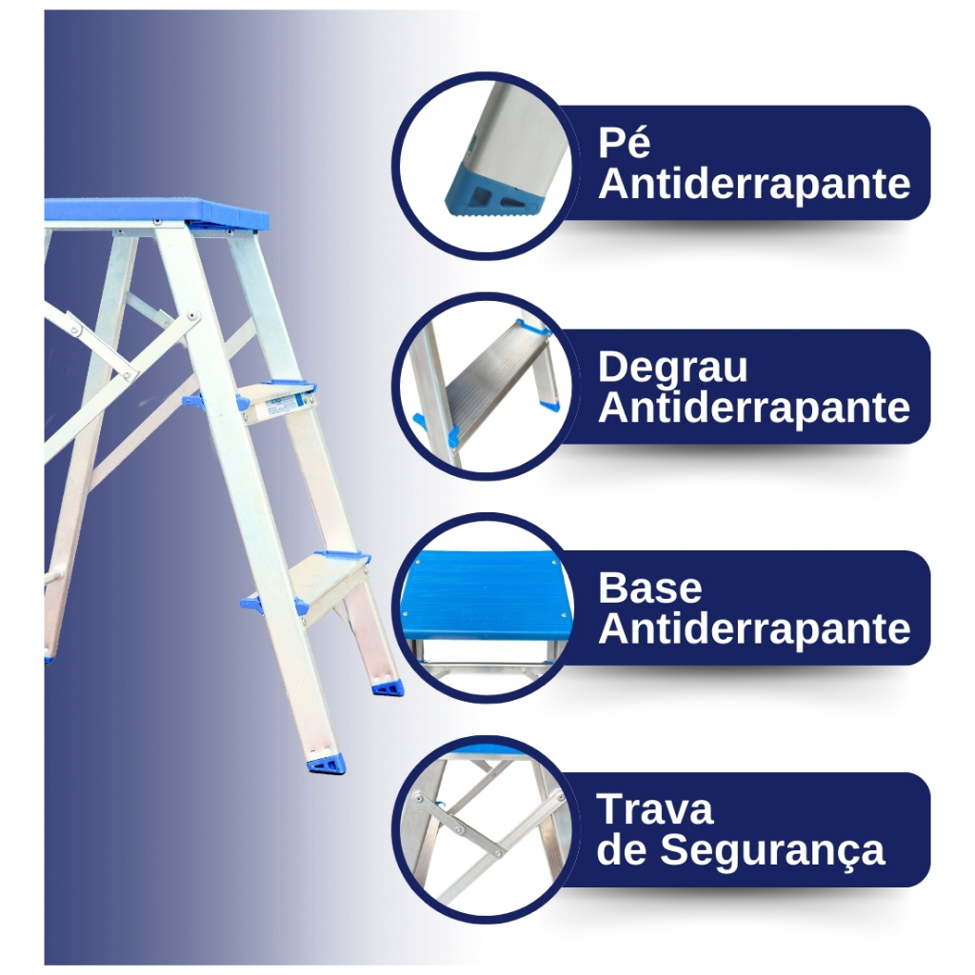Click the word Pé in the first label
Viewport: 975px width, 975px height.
[x=624, y=143]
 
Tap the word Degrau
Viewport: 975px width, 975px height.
[x=673, y=367]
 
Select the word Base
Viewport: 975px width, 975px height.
[x=649, y=587]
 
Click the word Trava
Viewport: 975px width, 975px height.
[x=655, y=809]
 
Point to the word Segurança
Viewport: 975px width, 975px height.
[x=772, y=850]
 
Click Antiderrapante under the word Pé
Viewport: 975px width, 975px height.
[x=754, y=184]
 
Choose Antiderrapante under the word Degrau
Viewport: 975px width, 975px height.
[x=754, y=408]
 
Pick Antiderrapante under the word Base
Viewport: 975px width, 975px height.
[x=754, y=628]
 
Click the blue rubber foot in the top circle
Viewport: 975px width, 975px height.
[x=494, y=190]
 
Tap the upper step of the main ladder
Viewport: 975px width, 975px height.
[x=276, y=403]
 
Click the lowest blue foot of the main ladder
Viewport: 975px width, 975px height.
[x=326, y=765]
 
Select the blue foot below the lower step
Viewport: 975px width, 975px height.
[x=388, y=687]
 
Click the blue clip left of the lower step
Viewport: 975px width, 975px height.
[x=251, y=603]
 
